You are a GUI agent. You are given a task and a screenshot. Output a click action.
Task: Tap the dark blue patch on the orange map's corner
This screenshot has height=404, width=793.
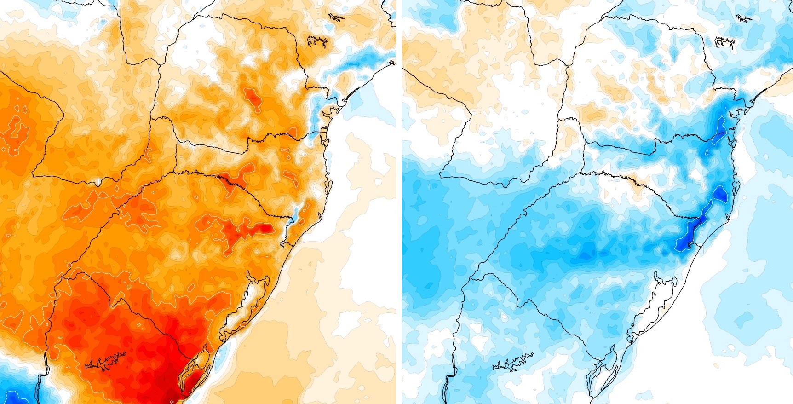pos(14,396)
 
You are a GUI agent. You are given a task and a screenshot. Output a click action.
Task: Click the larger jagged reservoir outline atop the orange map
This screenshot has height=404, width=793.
pos(317,41)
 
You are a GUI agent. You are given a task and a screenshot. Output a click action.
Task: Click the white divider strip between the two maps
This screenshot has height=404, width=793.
pos(399,202)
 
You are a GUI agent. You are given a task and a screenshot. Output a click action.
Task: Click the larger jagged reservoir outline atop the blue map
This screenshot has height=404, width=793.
pos(724,42)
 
